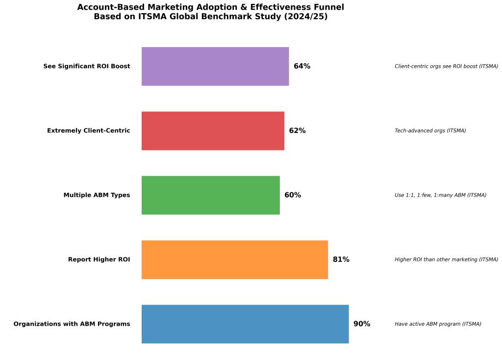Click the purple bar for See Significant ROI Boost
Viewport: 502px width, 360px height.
click(x=215, y=66)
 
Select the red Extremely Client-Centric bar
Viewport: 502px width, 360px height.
click(x=213, y=130)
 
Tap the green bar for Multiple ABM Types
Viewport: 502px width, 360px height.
click(x=211, y=195)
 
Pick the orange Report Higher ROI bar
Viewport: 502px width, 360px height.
click(x=235, y=259)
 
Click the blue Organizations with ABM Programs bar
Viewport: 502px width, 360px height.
click(x=245, y=324)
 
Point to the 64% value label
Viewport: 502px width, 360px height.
click(x=302, y=66)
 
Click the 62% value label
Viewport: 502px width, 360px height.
click(x=297, y=130)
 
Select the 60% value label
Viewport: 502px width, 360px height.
click(x=293, y=195)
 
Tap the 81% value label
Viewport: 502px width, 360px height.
click(x=341, y=259)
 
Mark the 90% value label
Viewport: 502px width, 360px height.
click(x=362, y=324)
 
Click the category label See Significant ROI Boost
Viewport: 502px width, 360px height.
click(x=87, y=66)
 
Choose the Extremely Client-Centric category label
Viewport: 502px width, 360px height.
click(x=89, y=130)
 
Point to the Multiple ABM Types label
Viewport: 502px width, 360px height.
click(x=97, y=195)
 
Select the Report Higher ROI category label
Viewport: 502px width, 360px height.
click(x=99, y=259)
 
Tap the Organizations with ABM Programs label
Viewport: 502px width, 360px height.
click(x=72, y=324)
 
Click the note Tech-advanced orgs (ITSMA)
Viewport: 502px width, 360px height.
click(x=430, y=130)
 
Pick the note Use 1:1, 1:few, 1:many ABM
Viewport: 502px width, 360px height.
click(x=440, y=195)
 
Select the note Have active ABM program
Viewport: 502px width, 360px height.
click(x=438, y=324)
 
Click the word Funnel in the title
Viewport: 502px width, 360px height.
click(x=329, y=7)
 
